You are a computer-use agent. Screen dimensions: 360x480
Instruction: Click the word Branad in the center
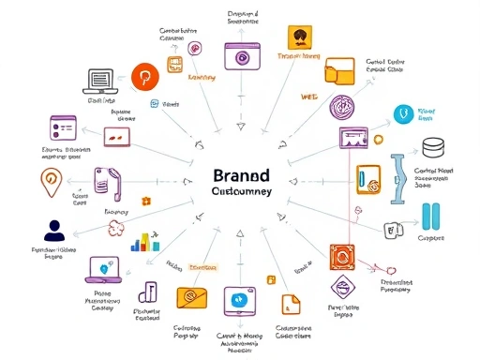[242, 175]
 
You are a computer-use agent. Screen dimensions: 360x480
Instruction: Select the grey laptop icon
[98, 81]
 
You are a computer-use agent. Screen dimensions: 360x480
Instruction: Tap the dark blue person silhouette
[53, 231]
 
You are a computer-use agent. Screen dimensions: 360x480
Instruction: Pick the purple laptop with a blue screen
[102, 270]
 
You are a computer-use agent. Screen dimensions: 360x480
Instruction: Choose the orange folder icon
[339, 73]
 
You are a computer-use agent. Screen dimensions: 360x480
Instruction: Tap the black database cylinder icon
[433, 147]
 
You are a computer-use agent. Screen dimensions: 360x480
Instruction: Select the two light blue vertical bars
[432, 215]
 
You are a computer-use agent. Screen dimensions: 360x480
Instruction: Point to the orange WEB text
[309, 97]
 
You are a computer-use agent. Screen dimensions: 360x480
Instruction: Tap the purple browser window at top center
[243, 55]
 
